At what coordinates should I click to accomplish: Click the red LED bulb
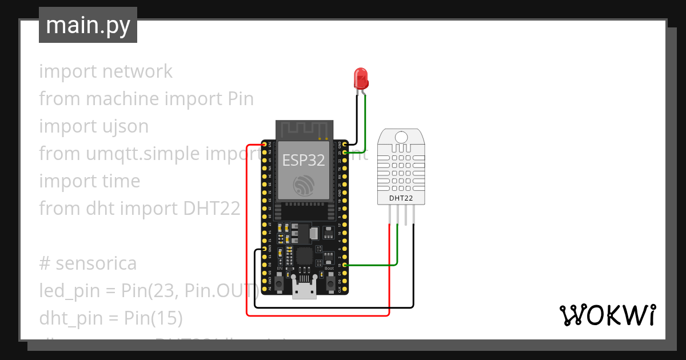(x=361, y=77)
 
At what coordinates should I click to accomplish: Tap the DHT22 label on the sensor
(x=402, y=198)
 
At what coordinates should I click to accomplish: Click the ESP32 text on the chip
(x=304, y=159)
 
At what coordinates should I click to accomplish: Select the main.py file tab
(x=88, y=25)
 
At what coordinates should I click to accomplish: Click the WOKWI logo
(x=607, y=315)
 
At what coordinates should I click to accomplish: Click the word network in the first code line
(x=137, y=71)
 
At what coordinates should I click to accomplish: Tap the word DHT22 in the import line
(x=212, y=209)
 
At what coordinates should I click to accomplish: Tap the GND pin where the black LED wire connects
(x=344, y=144)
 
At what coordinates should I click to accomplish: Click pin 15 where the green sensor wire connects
(x=344, y=265)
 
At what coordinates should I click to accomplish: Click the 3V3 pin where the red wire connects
(x=264, y=144)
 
